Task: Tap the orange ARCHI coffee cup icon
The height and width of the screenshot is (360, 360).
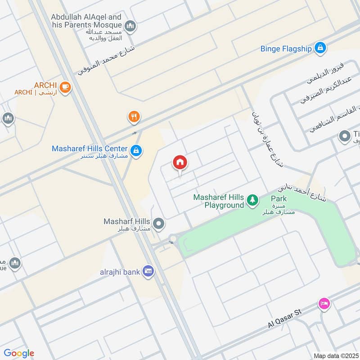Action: pyautogui.click(x=65, y=87)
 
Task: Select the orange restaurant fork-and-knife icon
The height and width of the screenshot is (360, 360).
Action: pyautogui.click(x=134, y=117)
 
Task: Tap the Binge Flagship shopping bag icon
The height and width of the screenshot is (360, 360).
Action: pyautogui.click(x=320, y=48)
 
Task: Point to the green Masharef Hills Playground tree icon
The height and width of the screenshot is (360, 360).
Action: pyautogui.click(x=252, y=201)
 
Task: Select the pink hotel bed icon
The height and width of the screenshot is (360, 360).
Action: pyautogui.click(x=324, y=304)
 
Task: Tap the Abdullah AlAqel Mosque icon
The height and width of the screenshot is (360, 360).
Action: pyautogui.click(x=130, y=26)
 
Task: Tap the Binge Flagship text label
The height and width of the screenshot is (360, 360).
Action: pyautogui.click(x=286, y=49)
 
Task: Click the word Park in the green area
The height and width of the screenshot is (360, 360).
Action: pyautogui.click(x=279, y=198)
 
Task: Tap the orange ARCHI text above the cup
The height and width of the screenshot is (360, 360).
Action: pyautogui.click(x=44, y=85)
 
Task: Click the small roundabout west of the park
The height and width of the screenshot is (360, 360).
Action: pyautogui.click(x=173, y=238)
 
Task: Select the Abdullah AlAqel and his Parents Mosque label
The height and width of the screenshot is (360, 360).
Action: pyautogui.click(x=86, y=20)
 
